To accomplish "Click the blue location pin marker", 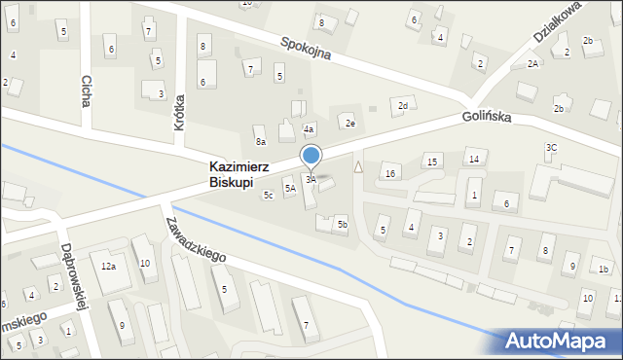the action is click(x=311, y=157).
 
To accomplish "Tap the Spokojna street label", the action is click(x=306, y=49).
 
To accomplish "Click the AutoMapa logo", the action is click(x=560, y=341).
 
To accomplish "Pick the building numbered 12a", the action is click(x=109, y=266).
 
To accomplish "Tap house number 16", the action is click(x=390, y=173).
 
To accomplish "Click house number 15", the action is click(x=432, y=161).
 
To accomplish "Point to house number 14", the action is click(x=473, y=159).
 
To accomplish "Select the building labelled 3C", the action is click(x=551, y=147).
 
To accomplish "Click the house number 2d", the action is click(x=402, y=105).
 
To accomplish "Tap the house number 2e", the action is click(x=349, y=123).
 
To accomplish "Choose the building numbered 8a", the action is click(x=260, y=142).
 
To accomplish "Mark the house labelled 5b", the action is click(x=342, y=225).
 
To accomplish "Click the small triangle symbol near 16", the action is click(x=358, y=167).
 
